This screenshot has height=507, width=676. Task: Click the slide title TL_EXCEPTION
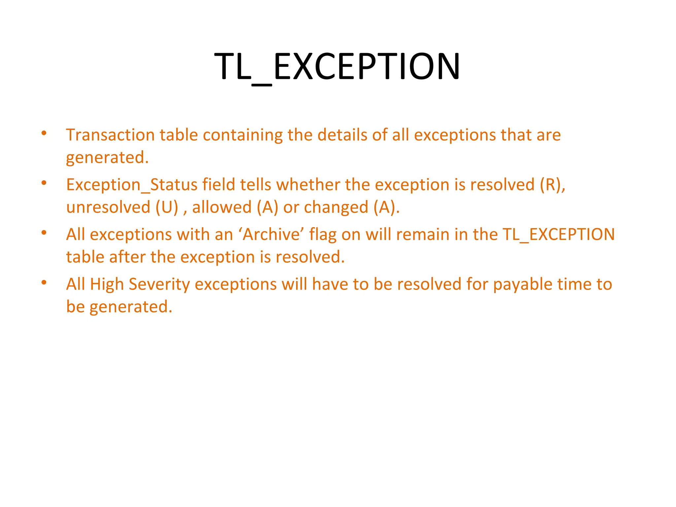[337, 67]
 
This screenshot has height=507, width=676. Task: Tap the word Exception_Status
[132, 185]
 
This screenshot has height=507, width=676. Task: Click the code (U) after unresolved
[167, 208]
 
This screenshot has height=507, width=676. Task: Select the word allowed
[221, 208]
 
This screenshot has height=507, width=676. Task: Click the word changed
[336, 208]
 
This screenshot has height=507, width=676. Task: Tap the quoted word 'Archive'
[271, 235]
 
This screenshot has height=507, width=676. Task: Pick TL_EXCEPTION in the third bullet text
[558, 235]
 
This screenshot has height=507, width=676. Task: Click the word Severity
[159, 285]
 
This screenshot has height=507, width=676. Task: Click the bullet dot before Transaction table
[44, 133]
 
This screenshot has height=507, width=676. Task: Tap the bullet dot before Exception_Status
[44, 183]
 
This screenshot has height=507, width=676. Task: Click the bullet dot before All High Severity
[44, 283]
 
